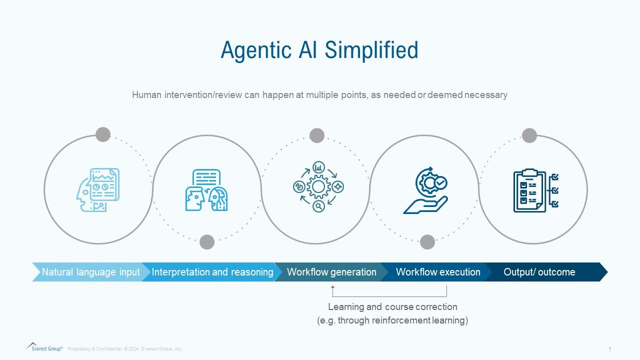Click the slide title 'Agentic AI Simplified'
tap(319, 50)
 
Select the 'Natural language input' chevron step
tap(90, 272)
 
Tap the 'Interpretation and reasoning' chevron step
tap(212, 272)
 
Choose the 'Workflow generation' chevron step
tap(331, 272)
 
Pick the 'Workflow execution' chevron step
tap(437, 272)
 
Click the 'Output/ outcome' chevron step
tap(539, 272)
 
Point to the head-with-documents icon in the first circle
tap(98, 189)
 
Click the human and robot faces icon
tap(206, 190)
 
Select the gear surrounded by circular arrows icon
tap(318, 187)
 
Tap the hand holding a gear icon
tap(425, 190)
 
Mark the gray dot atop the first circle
tap(103, 134)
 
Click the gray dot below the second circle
tap(207, 242)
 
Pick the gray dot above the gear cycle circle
tap(317, 135)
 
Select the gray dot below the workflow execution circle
tap(427, 242)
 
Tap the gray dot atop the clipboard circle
tap(529, 135)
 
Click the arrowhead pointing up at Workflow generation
tap(333, 287)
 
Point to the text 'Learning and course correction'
tap(392, 306)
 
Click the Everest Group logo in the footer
tap(44, 347)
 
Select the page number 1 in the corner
tap(609, 349)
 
